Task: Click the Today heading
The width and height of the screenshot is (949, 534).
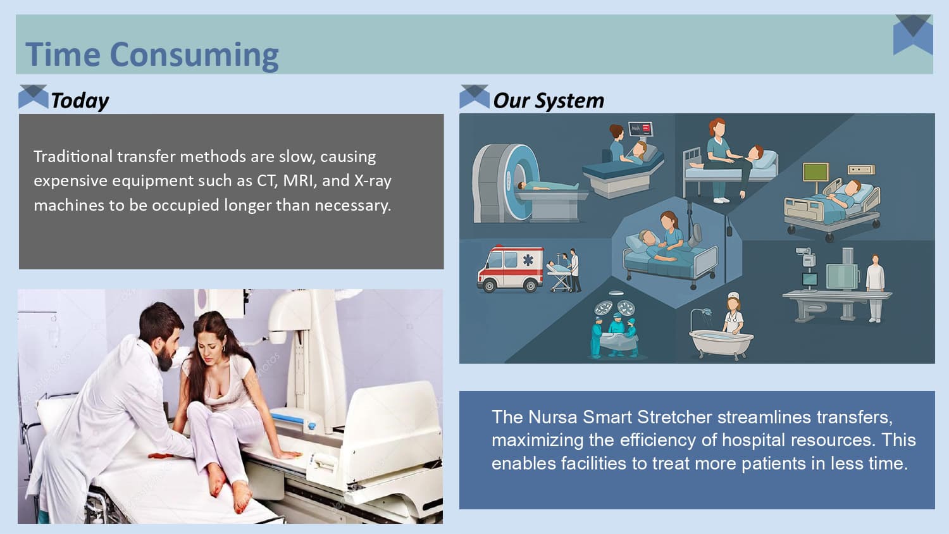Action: (80, 101)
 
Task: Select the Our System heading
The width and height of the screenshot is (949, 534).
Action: (548, 101)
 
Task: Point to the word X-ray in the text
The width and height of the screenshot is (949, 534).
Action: (373, 181)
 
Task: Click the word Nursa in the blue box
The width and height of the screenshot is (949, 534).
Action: (552, 417)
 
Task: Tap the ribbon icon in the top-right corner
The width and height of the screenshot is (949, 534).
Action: (913, 35)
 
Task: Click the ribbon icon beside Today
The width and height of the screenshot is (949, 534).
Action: (34, 96)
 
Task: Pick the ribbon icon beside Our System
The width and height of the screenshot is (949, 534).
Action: (474, 96)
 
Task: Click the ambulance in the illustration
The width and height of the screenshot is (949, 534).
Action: (510, 268)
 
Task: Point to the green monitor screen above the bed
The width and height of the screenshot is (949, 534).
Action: (816, 172)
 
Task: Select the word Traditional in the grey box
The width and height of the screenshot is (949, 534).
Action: (73, 156)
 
